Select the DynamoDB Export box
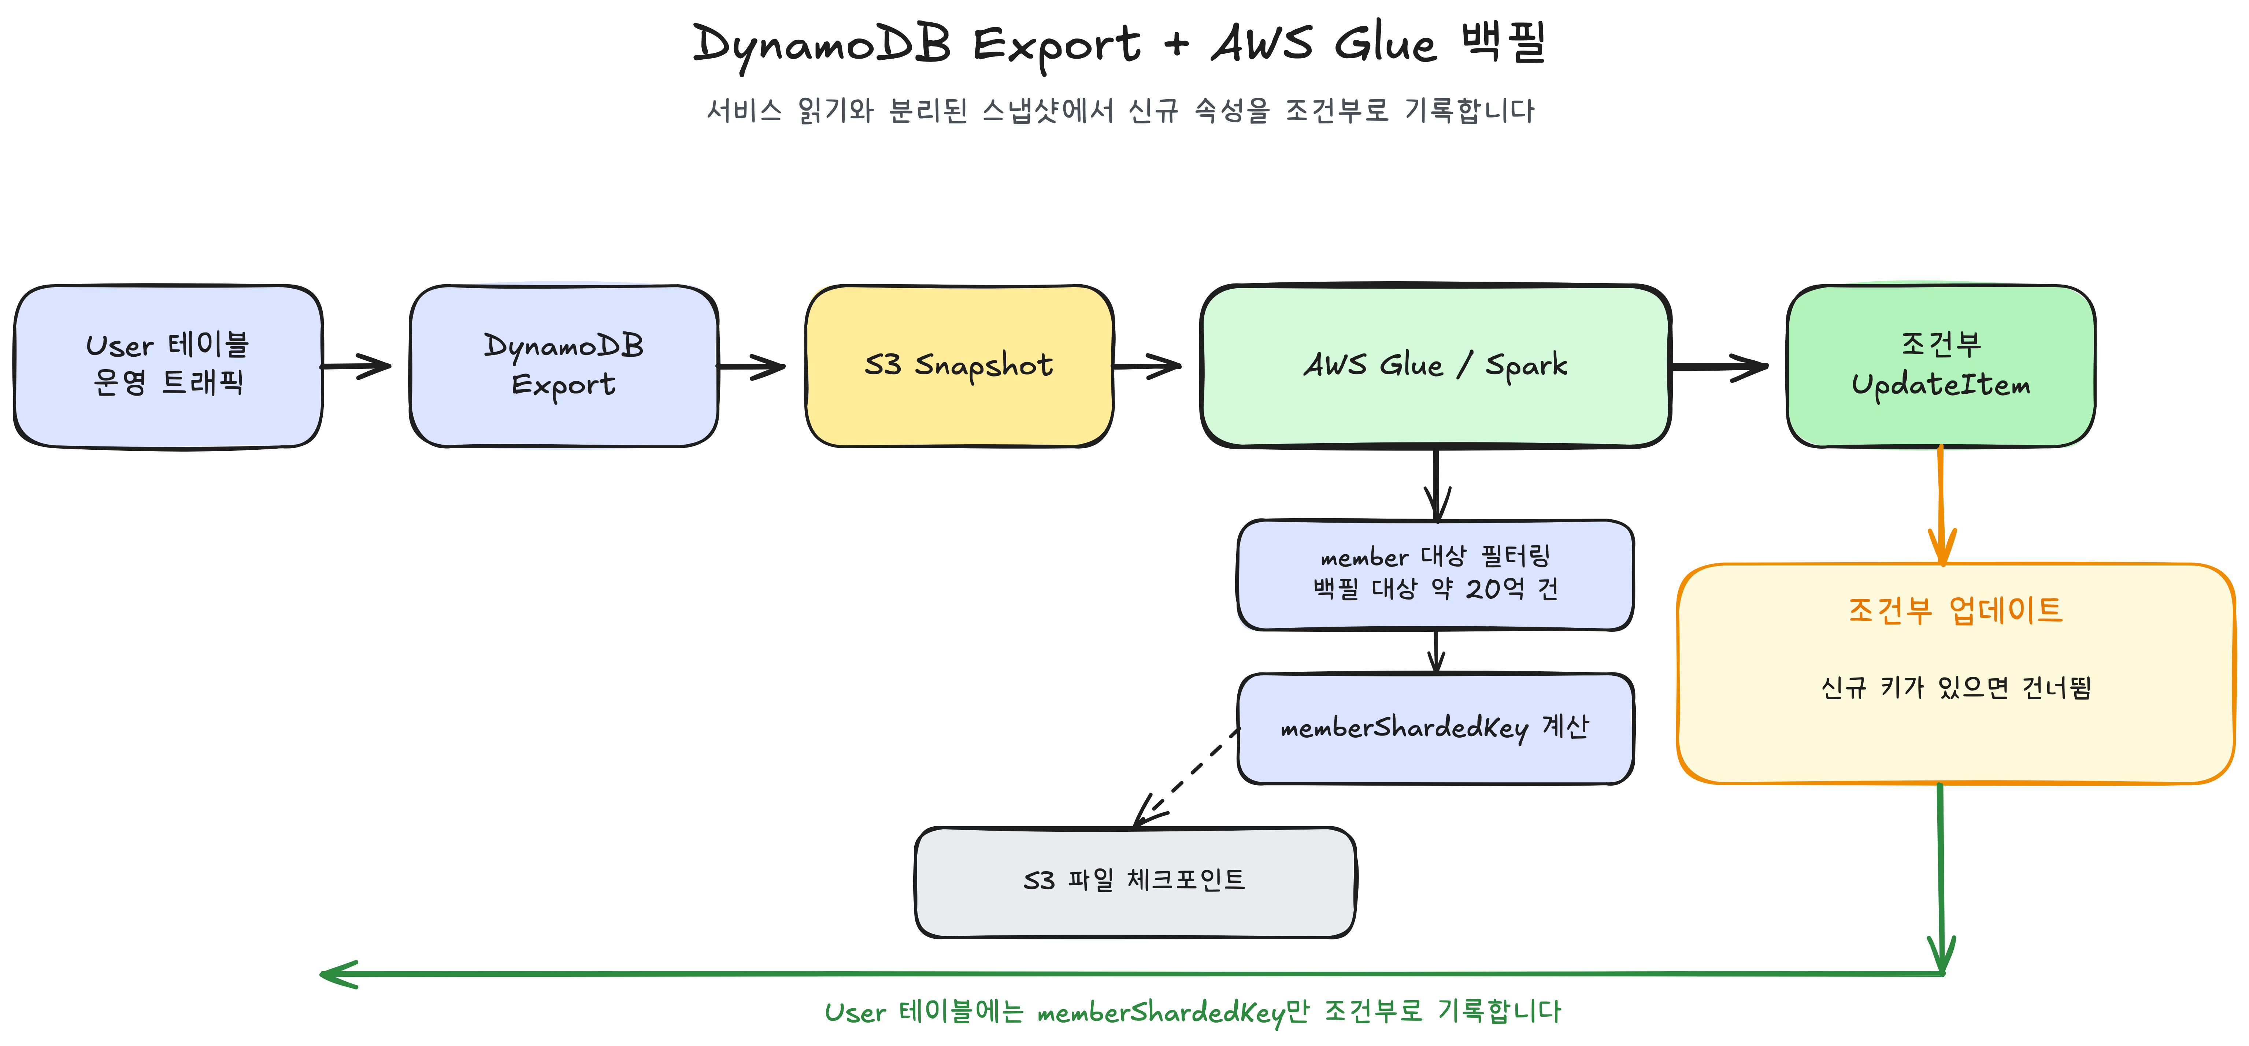click(564, 367)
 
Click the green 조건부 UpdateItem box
click(1941, 367)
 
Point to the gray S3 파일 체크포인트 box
click(1135, 882)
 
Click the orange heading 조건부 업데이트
click(1955, 609)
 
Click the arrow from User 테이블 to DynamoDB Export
click(356, 367)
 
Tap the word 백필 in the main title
click(1503, 42)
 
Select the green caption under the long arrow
click(1193, 1011)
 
